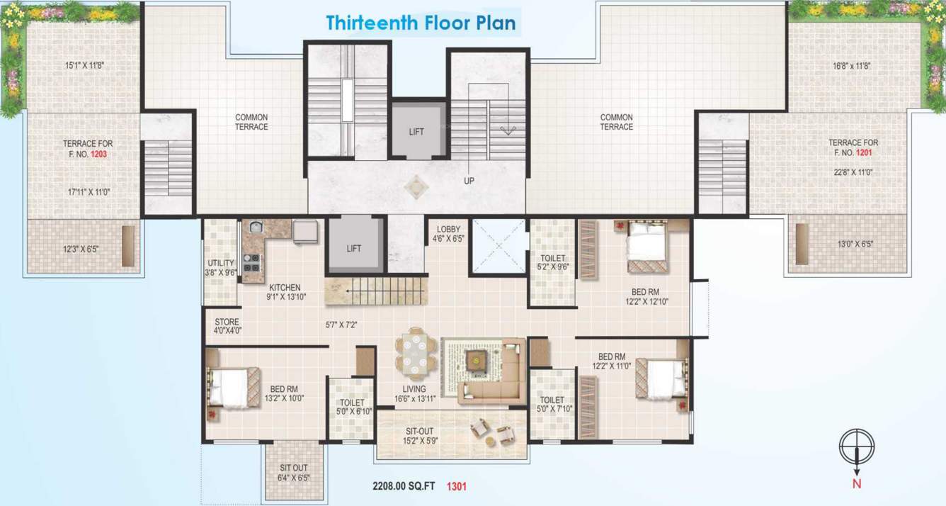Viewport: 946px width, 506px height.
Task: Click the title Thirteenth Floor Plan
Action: click(x=421, y=23)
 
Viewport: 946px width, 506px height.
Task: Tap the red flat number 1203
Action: click(x=99, y=152)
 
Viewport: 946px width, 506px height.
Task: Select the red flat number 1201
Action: click(x=864, y=152)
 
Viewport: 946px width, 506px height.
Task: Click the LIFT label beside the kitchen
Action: click(x=354, y=248)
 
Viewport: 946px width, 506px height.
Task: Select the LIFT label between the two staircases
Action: click(x=416, y=132)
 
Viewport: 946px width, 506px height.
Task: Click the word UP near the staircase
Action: click(x=469, y=181)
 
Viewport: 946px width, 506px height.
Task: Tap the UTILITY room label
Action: click(x=220, y=264)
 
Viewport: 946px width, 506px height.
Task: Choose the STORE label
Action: click(x=227, y=322)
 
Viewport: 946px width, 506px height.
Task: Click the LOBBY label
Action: click(x=448, y=229)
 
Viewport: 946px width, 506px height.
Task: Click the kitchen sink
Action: click(x=256, y=227)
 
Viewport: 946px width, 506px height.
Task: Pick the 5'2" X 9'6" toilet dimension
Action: click(x=553, y=267)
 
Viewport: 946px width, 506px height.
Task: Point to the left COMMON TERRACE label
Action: click(x=251, y=122)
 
